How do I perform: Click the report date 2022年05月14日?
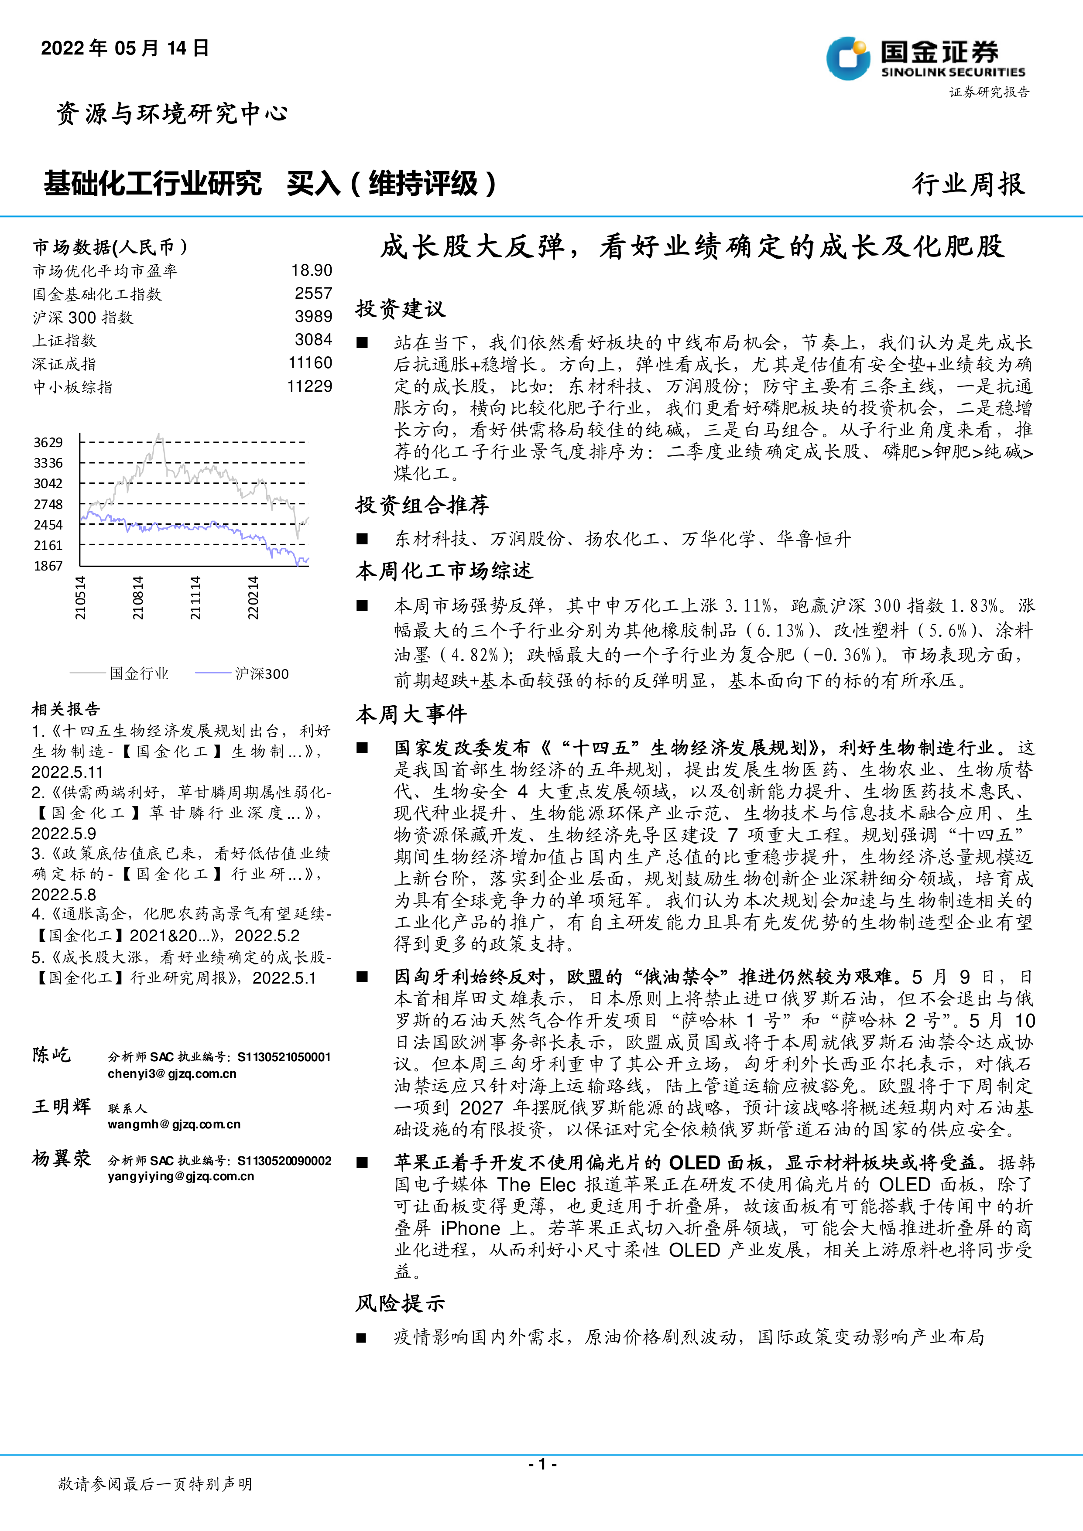pyautogui.click(x=125, y=48)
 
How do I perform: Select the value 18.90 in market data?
pyautogui.click(x=312, y=270)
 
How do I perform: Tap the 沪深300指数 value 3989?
pyautogui.click(x=313, y=317)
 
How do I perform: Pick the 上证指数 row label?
pyautogui.click(x=64, y=341)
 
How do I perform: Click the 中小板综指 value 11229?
pyautogui.click(x=309, y=386)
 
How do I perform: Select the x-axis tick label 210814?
pyautogui.click(x=137, y=598)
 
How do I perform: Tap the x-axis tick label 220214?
pyautogui.click(x=253, y=598)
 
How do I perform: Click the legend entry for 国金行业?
pyautogui.click(x=139, y=673)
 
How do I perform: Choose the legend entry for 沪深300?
pyautogui.click(x=261, y=673)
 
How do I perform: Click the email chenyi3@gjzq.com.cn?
pyautogui.click(x=172, y=1073)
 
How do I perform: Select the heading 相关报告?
pyautogui.click(x=65, y=709)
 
